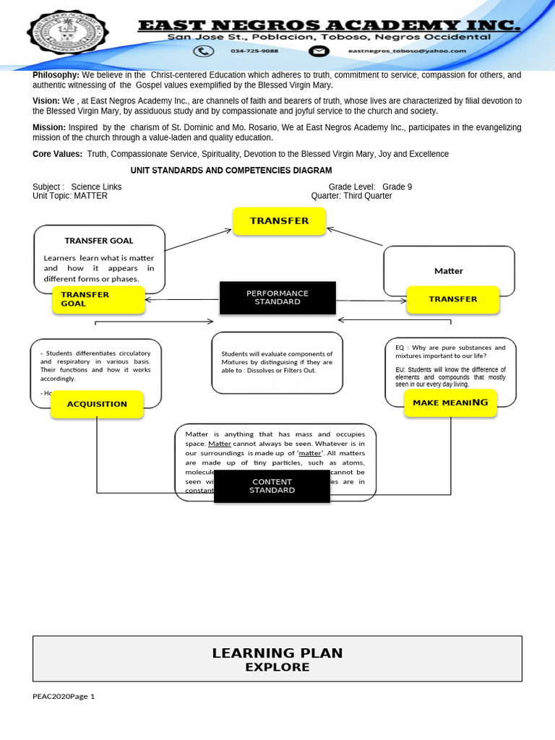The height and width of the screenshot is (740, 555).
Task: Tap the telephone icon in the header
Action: pos(205,51)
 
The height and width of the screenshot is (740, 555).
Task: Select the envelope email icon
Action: pos(319,51)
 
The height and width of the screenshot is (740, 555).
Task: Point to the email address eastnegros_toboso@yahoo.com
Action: pos(407,51)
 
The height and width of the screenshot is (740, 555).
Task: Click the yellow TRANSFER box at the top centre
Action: pos(279,221)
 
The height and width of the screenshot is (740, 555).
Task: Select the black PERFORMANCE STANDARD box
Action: pos(277,298)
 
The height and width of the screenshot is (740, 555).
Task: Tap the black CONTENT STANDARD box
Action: pos(272,486)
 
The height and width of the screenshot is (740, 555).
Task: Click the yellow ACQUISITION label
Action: pos(97,404)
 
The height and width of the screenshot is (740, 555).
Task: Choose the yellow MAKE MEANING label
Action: pos(450,403)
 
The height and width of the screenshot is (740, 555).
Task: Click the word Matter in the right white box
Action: pos(448,271)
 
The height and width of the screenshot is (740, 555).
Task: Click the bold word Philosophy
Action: pos(56,75)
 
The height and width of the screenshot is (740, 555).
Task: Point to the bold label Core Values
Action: pos(58,154)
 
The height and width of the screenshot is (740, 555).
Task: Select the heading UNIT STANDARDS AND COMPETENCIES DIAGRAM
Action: pos(231,171)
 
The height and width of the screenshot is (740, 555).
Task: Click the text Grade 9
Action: pos(397,187)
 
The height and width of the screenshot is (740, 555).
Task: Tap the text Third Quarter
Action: pos(368,196)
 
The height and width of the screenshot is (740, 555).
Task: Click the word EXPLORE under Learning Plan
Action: pos(277,668)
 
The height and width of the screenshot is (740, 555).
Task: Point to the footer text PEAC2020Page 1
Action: pos(64,697)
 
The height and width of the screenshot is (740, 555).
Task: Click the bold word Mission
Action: pos(49,127)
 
